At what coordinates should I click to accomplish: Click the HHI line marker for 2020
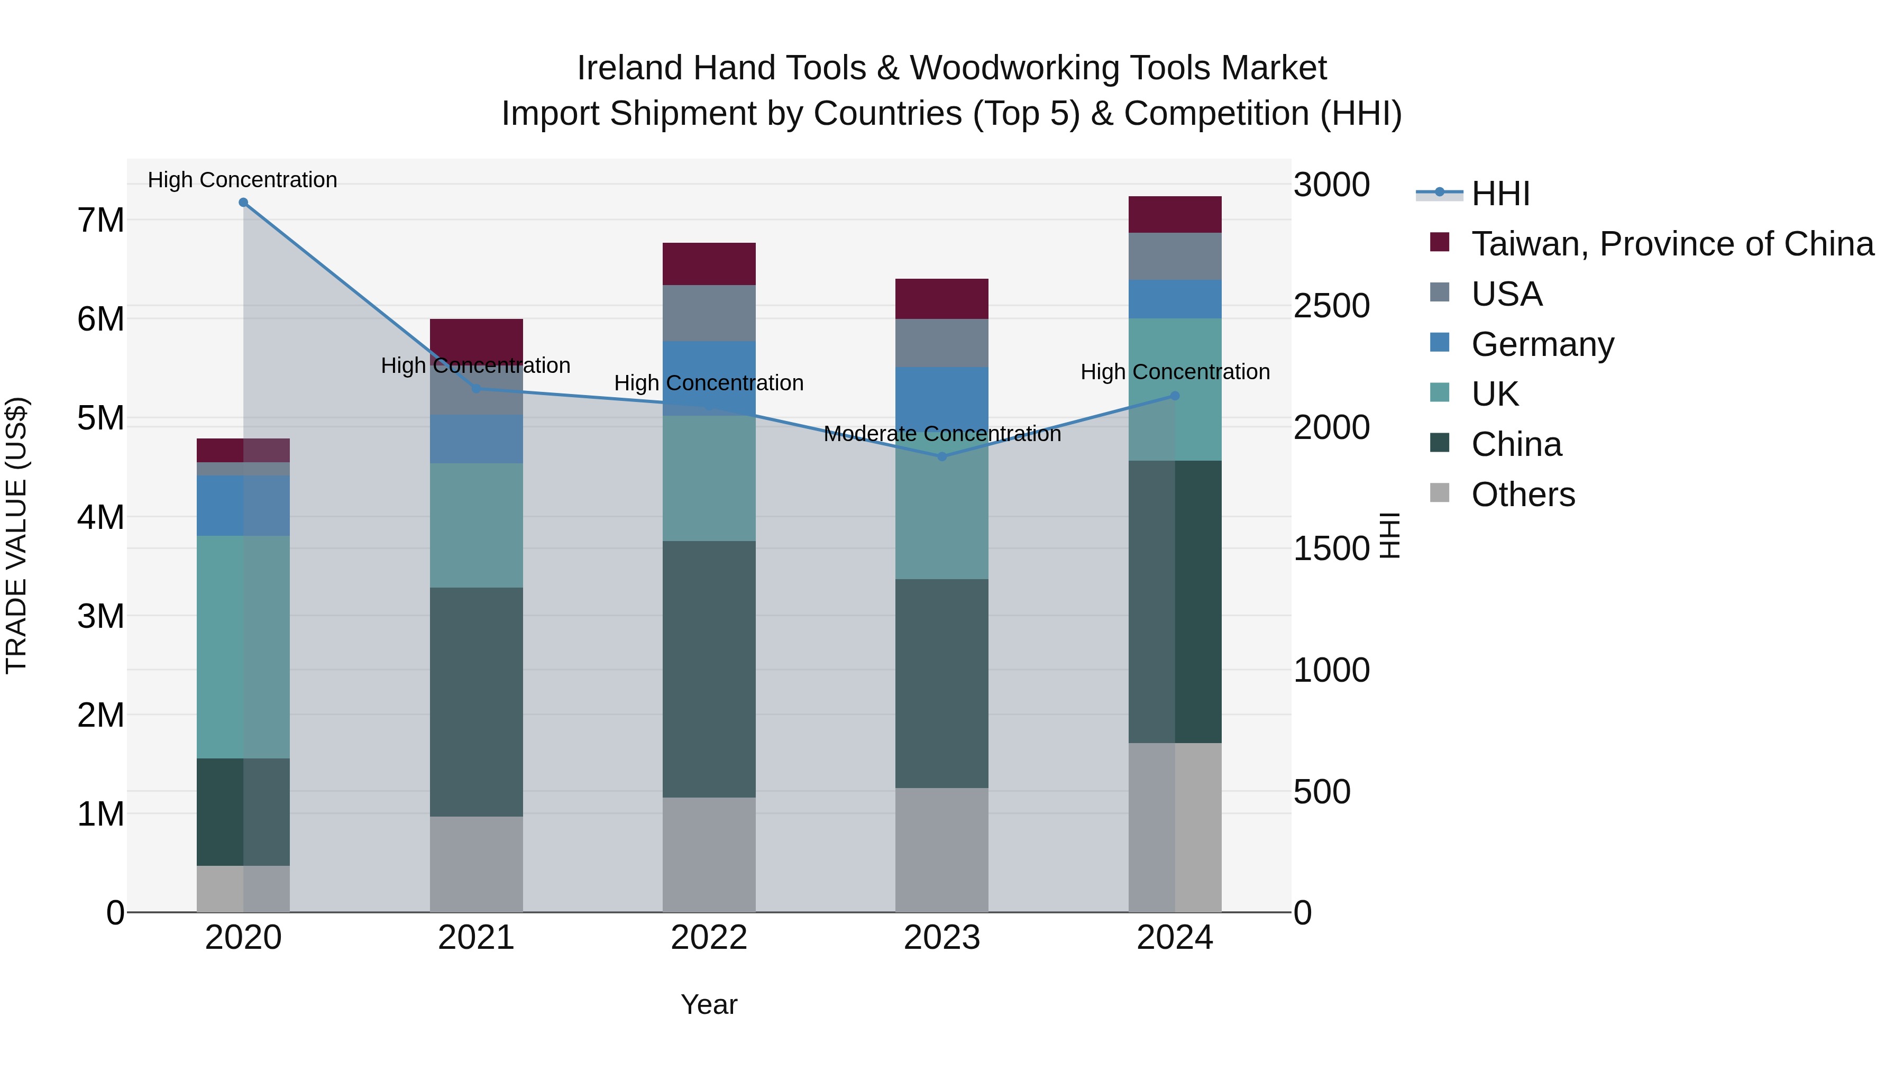pyautogui.click(x=243, y=203)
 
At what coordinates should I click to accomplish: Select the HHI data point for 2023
pyautogui.click(x=941, y=457)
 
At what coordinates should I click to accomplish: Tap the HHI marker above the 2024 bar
pyautogui.click(x=1175, y=396)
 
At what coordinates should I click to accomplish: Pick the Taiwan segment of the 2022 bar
pyautogui.click(x=709, y=264)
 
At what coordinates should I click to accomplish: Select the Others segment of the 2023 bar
pyautogui.click(x=941, y=849)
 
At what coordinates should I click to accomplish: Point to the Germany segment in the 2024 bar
pyautogui.click(x=1175, y=299)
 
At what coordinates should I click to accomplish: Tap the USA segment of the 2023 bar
pyautogui.click(x=941, y=343)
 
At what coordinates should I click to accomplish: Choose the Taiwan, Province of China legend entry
pyautogui.click(x=1672, y=244)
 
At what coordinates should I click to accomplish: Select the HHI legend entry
pyautogui.click(x=1500, y=194)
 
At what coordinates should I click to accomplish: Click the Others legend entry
pyautogui.click(x=1523, y=495)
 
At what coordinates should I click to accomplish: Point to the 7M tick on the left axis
pyautogui.click(x=100, y=220)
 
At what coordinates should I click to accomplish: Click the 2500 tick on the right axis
pyautogui.click(x=1331, y=306)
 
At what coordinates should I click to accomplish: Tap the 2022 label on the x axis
pyautogui.click(x=709, y=938)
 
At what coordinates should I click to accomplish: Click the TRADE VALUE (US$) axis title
pyautogui.click(x=17, y=535)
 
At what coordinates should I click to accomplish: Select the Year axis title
pyautogui.click(x=709, y=1004)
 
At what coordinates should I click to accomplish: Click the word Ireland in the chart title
pyautogui.click(x=630, y=68)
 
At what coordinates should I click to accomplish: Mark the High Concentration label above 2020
pyautogui.click(x=242, y=180)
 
